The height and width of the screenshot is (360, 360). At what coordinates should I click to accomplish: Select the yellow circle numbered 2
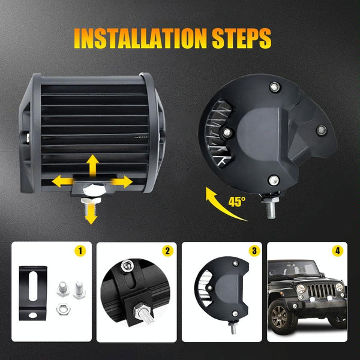click(x=167, y=250)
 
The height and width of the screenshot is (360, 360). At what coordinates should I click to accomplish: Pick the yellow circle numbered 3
click(x=254, y=250)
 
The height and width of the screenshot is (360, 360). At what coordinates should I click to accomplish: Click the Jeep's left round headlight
click(x=300, y=289)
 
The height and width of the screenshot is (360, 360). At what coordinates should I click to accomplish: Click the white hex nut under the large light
click(x=92, y=188)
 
